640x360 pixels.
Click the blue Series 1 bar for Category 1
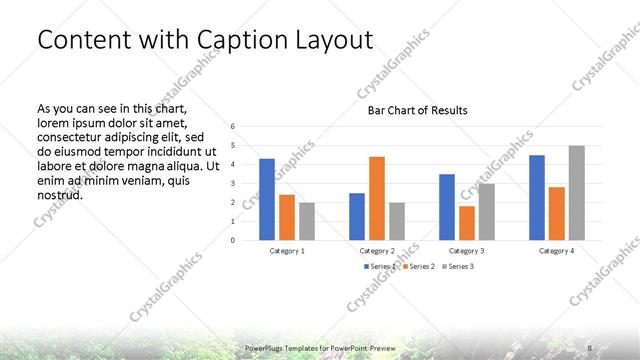point(266,200)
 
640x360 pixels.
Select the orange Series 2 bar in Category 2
point(376,198)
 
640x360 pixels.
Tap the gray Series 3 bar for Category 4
point(576,193)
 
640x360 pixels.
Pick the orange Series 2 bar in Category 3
point(466,223)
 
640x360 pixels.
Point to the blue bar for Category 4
point(537,198)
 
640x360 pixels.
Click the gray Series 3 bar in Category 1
point(306,221)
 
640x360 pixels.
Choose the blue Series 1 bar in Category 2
point(357,216)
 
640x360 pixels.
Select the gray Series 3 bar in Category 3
point(486,211)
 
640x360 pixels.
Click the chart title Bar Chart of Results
point(412,110)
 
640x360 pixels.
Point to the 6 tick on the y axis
point(232,127)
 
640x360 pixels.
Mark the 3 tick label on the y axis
point(232,184)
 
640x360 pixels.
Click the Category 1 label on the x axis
point(287,250)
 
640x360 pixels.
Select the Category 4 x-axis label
point(557,250)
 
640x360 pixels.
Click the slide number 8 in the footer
point(590,346)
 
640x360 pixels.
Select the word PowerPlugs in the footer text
point(266,346)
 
